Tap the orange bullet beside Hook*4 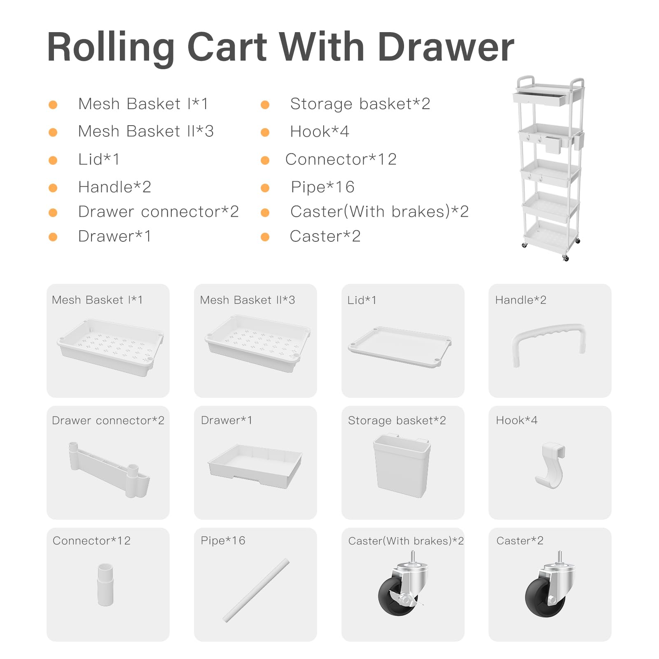pos(265,132)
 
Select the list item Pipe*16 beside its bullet pos(322,187)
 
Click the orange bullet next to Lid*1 pos(53,160)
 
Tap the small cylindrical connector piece pos(105,584)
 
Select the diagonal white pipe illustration pos(256,590)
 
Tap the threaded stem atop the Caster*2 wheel pos(559,557)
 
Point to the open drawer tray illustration pos(255,466)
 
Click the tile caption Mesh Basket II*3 pos(248,300)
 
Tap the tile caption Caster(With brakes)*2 pos(406,541)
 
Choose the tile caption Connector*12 pos(91,540)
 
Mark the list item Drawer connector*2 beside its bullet pos(159,212)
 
